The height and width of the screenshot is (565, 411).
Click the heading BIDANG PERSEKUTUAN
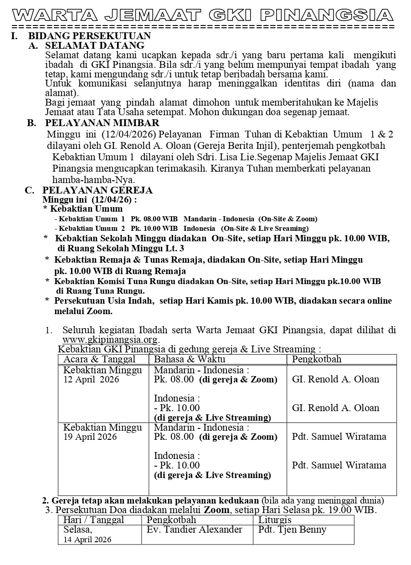90,36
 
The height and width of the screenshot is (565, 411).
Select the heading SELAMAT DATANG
94,46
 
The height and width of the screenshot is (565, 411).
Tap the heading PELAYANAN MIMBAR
102,123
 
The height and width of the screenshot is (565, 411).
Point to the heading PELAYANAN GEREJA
98,190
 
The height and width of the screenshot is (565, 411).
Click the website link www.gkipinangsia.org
110,339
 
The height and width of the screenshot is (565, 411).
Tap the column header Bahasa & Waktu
183,359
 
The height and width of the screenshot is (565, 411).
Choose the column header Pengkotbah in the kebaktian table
316,359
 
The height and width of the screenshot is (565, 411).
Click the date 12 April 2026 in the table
91,380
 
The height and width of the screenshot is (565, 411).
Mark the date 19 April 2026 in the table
90,437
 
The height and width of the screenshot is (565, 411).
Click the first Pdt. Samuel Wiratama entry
339,437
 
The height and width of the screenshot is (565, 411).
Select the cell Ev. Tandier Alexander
195,529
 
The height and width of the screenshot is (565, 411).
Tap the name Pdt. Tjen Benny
292,529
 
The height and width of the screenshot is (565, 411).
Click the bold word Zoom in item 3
216,510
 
